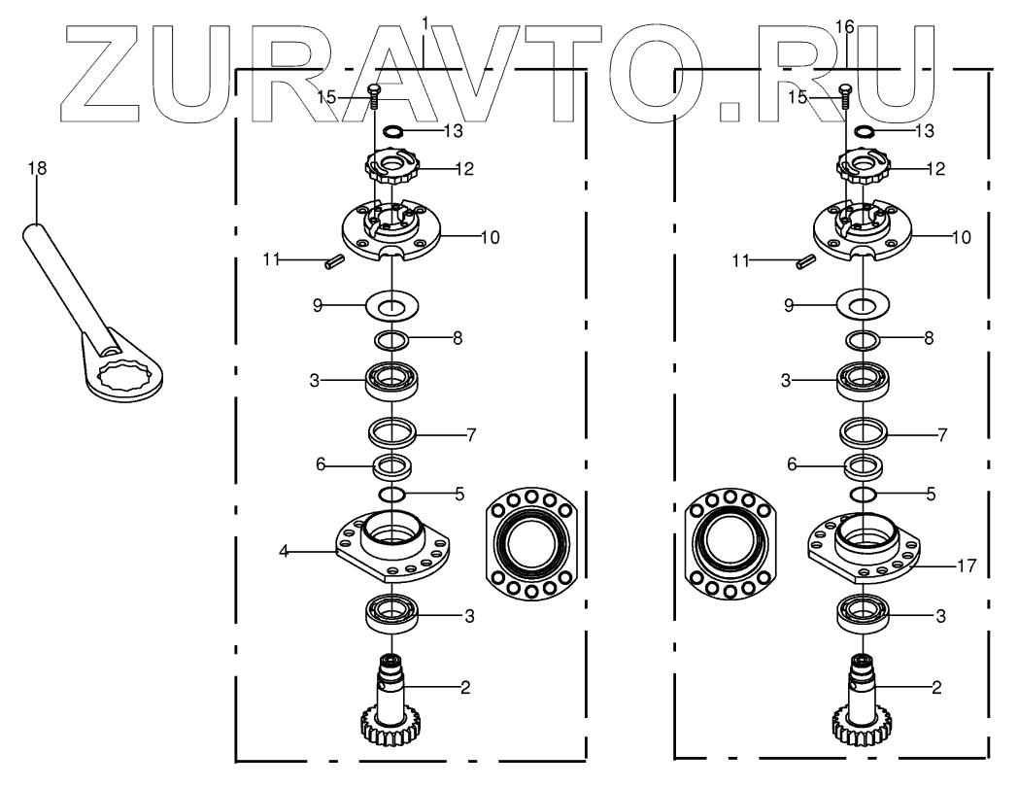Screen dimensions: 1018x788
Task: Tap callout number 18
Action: [x=37, y=168]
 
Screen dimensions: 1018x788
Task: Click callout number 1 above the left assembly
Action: [x=424, y=21]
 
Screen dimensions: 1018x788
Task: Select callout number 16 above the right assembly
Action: [x=844, y=27]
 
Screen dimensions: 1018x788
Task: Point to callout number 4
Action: [x=284, y=551]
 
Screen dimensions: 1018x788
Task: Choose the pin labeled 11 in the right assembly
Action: [x=803, y=260]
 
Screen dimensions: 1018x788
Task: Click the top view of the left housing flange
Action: [x=531, y=545]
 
